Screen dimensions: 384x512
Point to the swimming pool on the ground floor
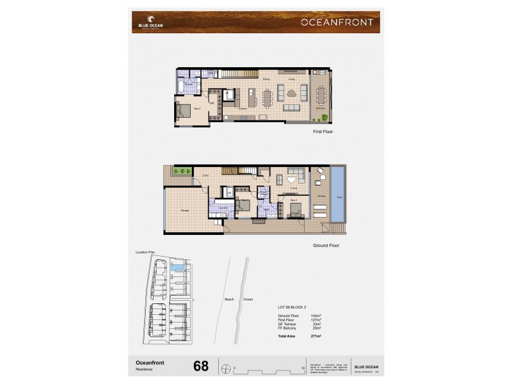337,193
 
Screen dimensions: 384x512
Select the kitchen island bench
248,100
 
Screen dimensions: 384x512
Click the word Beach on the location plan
229,299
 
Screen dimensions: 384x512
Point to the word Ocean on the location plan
248,299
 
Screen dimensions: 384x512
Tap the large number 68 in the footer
201,366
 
